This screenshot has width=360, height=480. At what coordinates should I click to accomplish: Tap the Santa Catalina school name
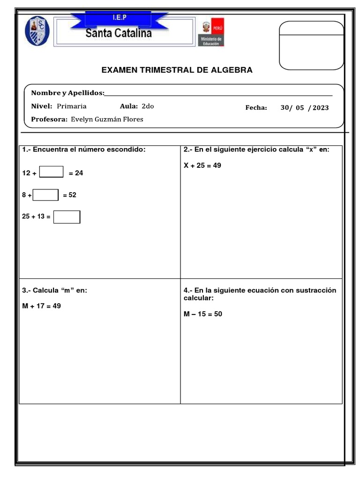click(119, 33)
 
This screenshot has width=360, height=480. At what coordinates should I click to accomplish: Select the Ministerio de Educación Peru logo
click(213, 33)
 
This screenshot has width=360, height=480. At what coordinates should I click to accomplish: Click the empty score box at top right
click(311, 45)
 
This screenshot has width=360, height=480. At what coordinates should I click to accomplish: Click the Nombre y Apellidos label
click(67, 93)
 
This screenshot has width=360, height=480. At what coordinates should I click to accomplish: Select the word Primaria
click(72, 106)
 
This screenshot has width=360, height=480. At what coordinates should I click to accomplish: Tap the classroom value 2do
click(148, 106)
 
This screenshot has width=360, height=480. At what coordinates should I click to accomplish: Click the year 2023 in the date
click(321, 108)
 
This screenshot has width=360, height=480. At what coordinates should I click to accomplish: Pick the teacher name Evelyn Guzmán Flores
click(107, 120)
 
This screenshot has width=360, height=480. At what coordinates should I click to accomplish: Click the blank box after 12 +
click(52, 172)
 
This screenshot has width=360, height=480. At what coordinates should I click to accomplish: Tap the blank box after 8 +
click(46, 195)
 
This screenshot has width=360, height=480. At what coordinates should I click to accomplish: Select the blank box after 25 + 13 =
click(67, 217)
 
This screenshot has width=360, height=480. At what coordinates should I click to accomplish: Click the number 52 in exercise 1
click(72, 195)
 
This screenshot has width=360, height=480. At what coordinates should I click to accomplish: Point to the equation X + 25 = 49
click(202, 165)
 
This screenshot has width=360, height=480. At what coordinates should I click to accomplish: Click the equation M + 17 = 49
click(42, 306)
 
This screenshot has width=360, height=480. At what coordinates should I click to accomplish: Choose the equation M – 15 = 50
click(203, 314)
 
